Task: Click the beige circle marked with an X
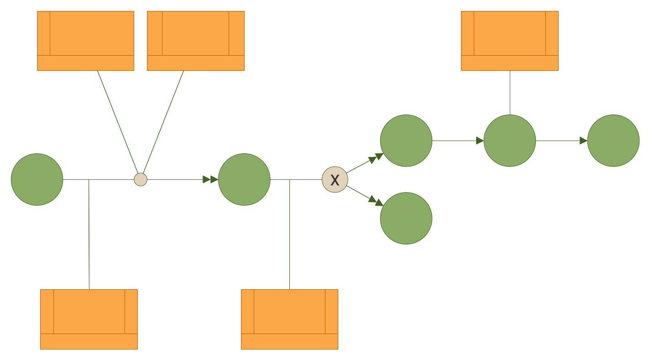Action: [335, 180]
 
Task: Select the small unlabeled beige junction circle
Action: [141, 180]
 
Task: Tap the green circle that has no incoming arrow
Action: [37, 180]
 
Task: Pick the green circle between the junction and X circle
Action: [244, 180]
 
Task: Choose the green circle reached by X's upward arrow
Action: [406, 141]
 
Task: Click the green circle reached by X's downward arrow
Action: [406, 219]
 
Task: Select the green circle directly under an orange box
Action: [510, 141]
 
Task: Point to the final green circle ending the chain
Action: [613, 141]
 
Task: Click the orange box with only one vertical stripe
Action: [85, 41]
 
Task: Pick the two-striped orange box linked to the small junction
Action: [196, 41]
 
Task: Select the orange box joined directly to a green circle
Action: [510, 41]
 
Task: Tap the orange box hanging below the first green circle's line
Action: [89, 319]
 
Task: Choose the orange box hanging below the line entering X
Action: [289, 319]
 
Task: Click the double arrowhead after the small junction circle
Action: [210, 180]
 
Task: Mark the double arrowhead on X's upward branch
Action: [376, 158]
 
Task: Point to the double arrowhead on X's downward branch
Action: [376, 201]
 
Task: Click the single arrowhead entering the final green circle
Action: [583, 141]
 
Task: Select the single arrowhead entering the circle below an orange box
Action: [480, 141]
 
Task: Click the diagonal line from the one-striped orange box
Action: [118, 122]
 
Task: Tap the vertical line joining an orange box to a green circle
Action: [510, 93]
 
